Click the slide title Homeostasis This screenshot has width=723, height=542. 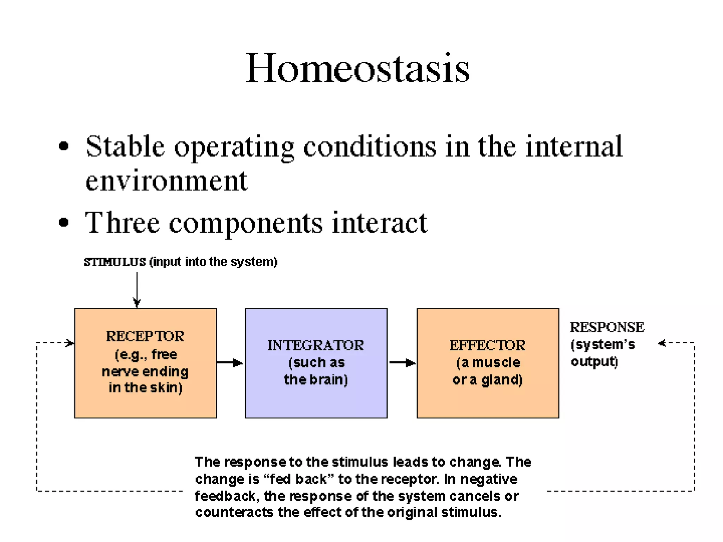click(357, 68)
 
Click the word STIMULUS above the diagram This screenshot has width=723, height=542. click(115, 262)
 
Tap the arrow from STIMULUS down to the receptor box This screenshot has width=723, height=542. click(137, 289)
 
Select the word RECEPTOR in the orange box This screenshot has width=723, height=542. click(145, 336)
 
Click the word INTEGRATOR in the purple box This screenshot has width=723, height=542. click(316, 345)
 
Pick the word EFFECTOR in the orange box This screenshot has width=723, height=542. click(487, 345)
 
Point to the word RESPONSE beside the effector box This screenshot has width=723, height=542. click(607, 327)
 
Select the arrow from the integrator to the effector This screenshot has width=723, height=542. click(402, 363)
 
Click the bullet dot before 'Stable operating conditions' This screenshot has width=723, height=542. click(64, 146)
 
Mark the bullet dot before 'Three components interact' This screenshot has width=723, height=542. click(64, 222)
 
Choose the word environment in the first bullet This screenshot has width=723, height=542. click(167, 181)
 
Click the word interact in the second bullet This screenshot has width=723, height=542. click(380, 223)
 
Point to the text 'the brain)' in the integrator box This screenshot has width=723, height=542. click(316, 380)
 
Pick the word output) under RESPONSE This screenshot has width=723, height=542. click(594, 362)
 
